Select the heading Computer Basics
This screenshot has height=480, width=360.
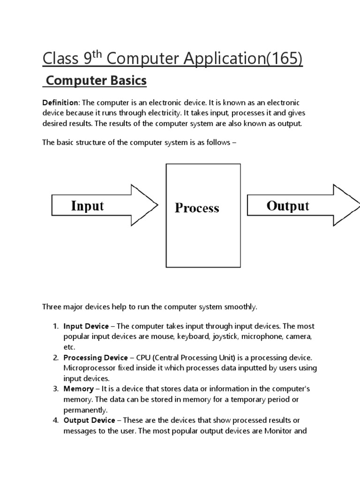[96, 81]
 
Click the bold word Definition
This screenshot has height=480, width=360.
[60, 102]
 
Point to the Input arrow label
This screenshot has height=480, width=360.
[87, 206]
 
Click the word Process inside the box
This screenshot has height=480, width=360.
[197, 208]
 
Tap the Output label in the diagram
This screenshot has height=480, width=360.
[287, 206]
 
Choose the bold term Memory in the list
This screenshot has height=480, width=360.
[78, 389]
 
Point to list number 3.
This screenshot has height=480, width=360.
[55, 389]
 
